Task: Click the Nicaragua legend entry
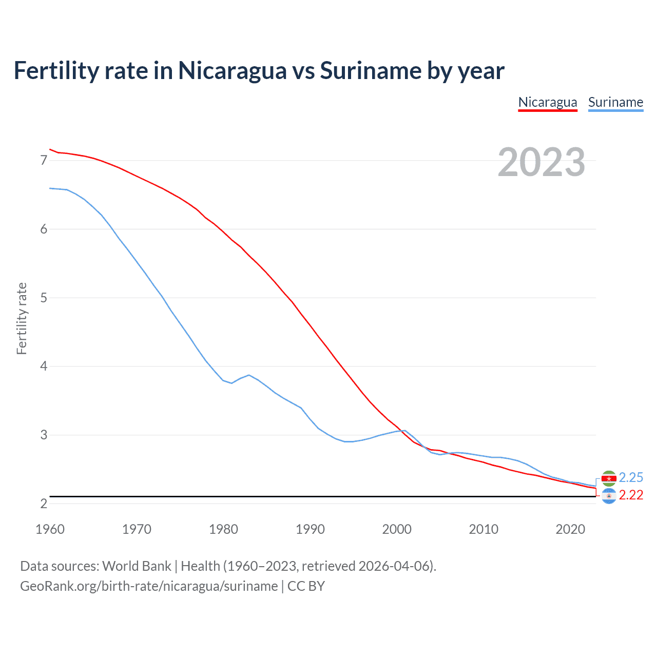pos(548,102)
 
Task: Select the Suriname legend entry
pos(615,102)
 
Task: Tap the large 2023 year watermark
pos(542,162)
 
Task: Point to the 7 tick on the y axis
pos(44,161)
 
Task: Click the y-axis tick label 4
pos(44,366)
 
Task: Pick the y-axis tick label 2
pos(44,504)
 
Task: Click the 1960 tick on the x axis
pos(50,529)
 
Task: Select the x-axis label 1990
pos(310,529)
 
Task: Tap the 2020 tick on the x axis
pos(570,529)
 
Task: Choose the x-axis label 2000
pos(397,529)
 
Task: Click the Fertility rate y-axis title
pos(22,318)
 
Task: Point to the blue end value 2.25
pos(631,478)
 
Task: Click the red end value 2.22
pos(631,495)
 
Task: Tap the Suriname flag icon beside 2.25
pos(609,478)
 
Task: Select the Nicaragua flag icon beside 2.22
pos(609,496)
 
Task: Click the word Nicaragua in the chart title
pos(232,70)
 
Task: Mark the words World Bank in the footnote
pos(137,566)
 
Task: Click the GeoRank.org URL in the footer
pos(149,586)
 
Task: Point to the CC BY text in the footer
pos(306,586)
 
